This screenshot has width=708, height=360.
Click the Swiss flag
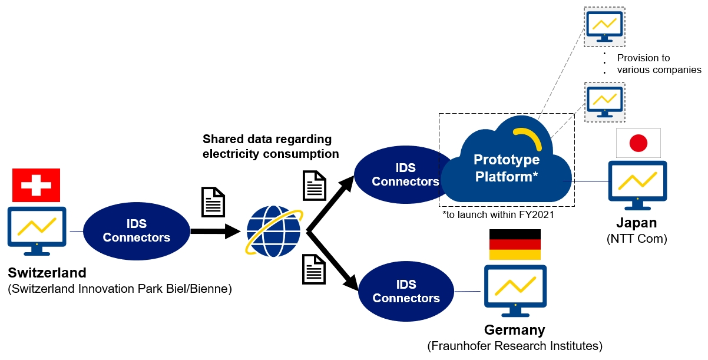[x=37, y=185]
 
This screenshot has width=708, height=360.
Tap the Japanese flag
[x=638, y=143]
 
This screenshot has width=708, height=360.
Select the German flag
[x=515, y=245]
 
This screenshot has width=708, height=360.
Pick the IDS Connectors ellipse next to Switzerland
[x=136, y=231]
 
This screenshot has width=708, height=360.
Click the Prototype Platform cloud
[x=507, y=167]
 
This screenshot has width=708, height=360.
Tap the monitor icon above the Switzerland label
[x=37, y=230]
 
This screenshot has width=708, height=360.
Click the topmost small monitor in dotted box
[x=604, y=27]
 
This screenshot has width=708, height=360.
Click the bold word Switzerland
[x=47, y=273]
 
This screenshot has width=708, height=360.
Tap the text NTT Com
[x=637, y=239]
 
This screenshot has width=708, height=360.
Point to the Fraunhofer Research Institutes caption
[x=515, y=346]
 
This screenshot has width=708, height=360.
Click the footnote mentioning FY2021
[x=498, y=216]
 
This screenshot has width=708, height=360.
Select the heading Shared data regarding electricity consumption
[x=270, y=147]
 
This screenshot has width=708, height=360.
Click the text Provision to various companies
[x=659, y=64]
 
